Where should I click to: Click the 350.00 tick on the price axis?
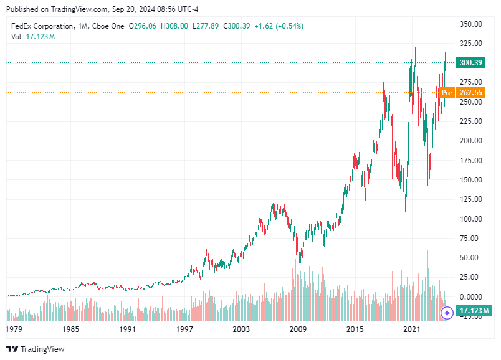click(x=471, y=24)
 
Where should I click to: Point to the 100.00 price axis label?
click(x=471, y=219)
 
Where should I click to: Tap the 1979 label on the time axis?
click(x=14, y=328)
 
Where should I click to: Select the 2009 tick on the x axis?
click(x=298, y=328)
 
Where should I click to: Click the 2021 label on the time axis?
click(x=411, y=328)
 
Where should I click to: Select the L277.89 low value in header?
click(x=208, y=26)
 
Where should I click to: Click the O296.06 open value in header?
click(x=143, y=26)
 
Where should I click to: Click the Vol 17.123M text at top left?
click(x=33, y=37)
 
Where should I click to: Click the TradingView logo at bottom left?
click(x=36, y=349)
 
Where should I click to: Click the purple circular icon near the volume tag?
click(x=447, y=312)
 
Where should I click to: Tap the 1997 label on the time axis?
click(x=184, y=328)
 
